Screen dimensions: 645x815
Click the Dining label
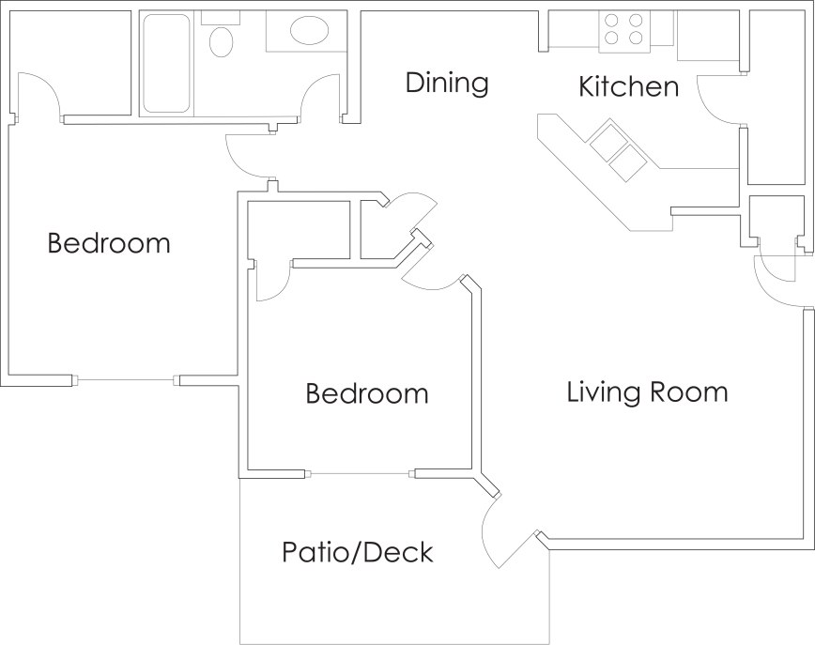(x=447, y=83)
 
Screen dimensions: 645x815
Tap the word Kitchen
(x=628, y=87)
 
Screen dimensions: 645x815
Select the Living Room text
(x=647, y=392)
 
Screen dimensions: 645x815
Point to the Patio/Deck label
(x=358, y=552)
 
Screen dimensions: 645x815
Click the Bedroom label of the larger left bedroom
(x=109, y=244)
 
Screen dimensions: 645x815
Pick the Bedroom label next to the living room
(x=367, y=393)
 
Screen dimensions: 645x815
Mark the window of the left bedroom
(x=125, y=380)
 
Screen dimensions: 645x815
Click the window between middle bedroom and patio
(x=362, y=474)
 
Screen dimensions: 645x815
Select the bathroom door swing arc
(x=320, y=97)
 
